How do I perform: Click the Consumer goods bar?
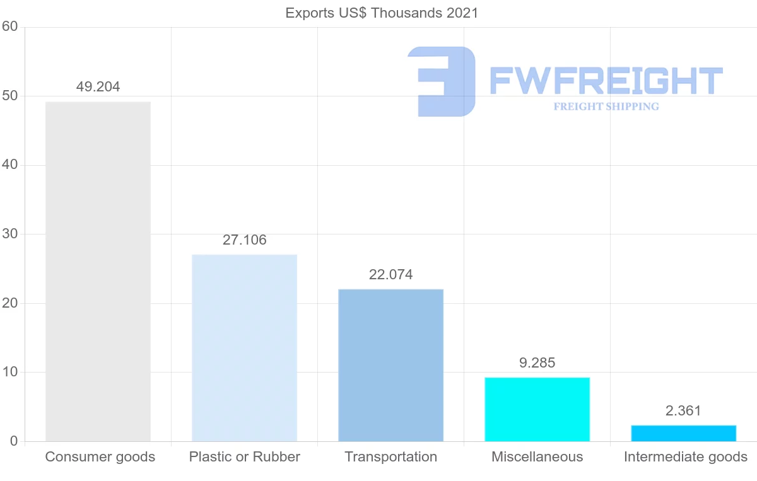(98, 271)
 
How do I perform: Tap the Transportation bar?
(390, 365)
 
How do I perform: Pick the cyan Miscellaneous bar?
(537, 409)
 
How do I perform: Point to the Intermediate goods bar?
(683, 433)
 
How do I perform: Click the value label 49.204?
(98, 87)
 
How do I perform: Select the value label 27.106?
(244, 240)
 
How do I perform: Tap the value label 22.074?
(390, 275)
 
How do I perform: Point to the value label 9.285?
(537, 363)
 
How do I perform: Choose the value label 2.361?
(683, 411)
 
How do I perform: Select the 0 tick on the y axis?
(13, 441)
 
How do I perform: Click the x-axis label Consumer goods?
(100, 457)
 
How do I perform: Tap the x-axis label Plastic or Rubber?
(244, 457)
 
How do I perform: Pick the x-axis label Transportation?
(390, 457)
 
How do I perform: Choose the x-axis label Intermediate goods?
(685, 457)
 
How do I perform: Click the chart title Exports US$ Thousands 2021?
(382, 13)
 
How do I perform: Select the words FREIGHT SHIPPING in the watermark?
(606, 107)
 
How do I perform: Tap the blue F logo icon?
(442, 81)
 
